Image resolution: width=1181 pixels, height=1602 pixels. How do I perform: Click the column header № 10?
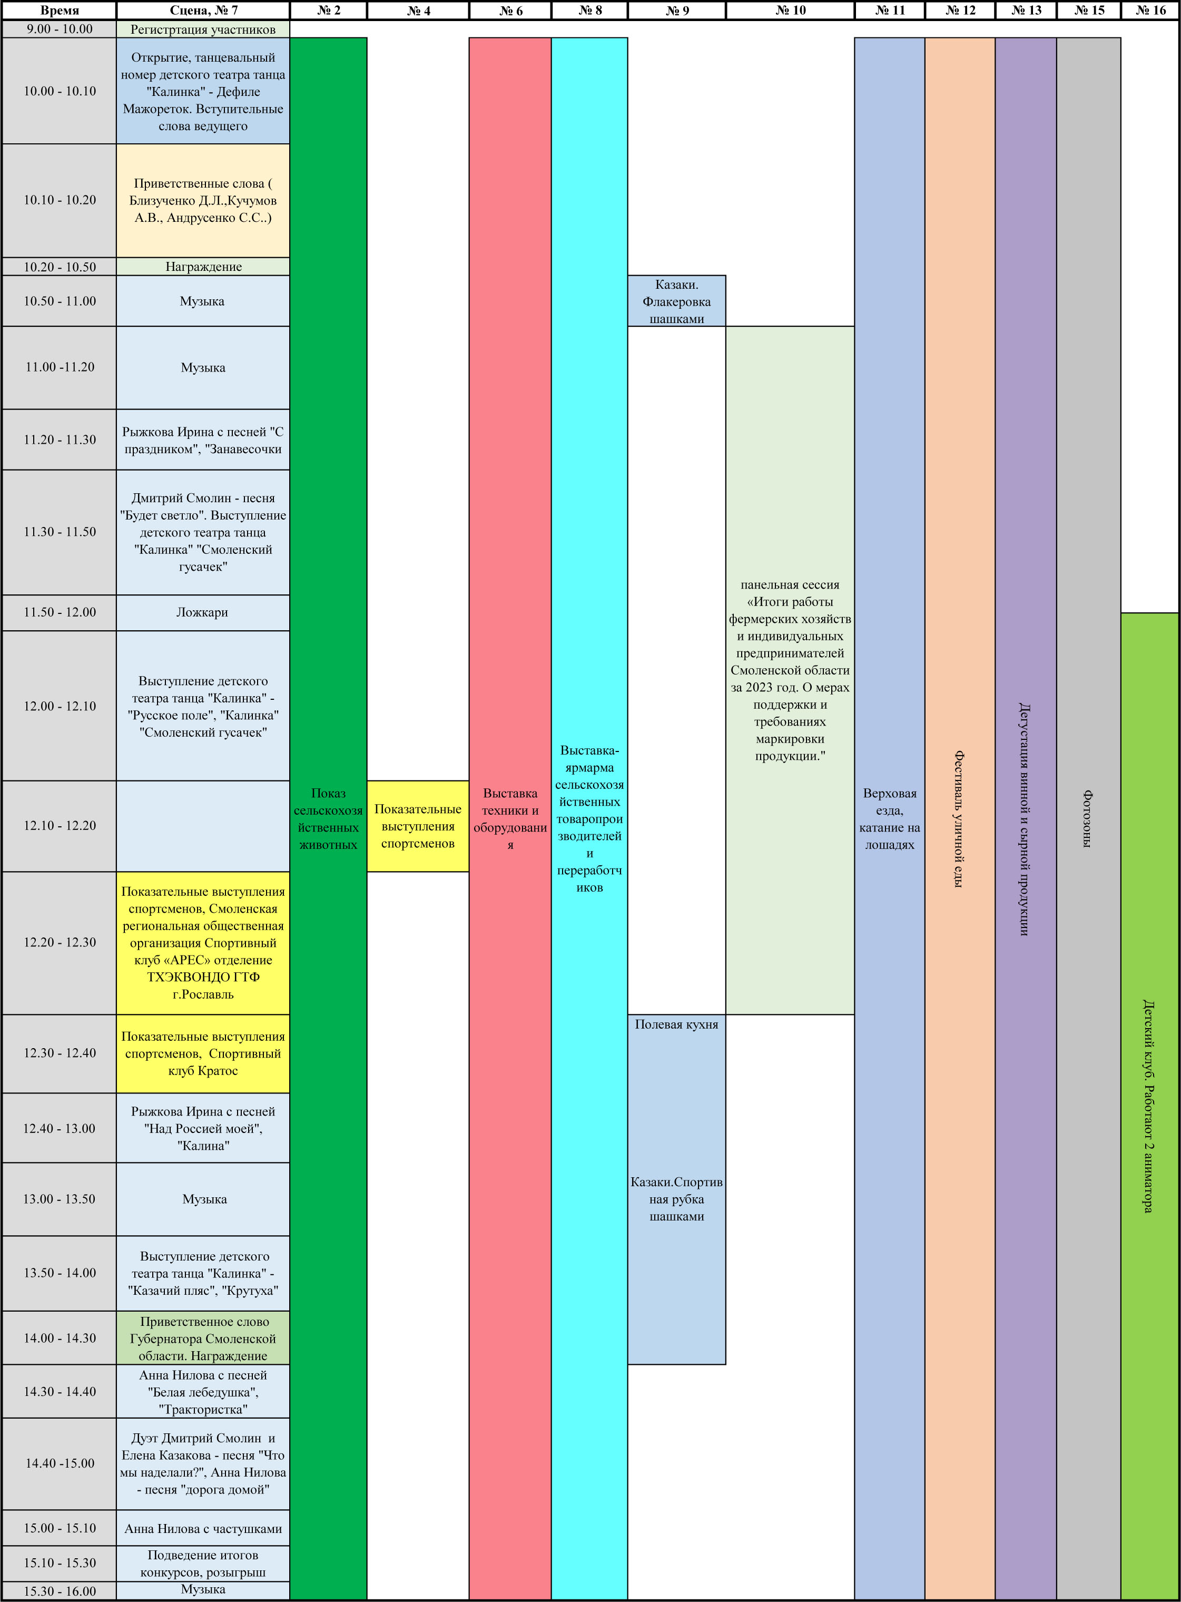(x=790, y=11)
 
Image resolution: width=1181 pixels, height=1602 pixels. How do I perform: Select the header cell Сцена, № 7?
(x=203, y=11)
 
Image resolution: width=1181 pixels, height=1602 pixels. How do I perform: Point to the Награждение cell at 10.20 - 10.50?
(x=203, y=267)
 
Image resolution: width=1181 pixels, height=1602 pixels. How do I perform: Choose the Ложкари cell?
(x=203, y=613)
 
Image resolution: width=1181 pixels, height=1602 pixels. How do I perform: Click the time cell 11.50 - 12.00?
(x=60, y=613)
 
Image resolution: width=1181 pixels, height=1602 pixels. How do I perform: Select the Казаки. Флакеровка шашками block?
(x=677, y=301)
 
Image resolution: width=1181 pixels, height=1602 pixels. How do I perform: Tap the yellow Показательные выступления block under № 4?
(x=418, y=826)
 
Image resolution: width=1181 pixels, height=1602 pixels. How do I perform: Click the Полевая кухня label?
(x=676, y=1024)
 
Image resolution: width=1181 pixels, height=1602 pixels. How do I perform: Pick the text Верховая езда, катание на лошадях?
(x=890, y=819)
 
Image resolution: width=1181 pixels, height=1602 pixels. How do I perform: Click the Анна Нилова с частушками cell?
(x=203, y=1528)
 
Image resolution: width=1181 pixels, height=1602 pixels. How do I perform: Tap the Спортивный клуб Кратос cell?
(x=203, y=1053)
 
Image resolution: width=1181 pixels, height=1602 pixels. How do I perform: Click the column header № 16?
(x=1150, y=11)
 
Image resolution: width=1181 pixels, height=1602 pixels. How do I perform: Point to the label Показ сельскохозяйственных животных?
(x=328, y=819)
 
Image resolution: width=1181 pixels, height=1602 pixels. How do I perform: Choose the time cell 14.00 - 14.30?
(x=60, y=1338)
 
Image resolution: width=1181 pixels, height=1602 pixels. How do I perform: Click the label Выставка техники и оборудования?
(x=510, y=819)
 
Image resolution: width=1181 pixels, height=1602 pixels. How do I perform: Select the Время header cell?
(x=60, y=11)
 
